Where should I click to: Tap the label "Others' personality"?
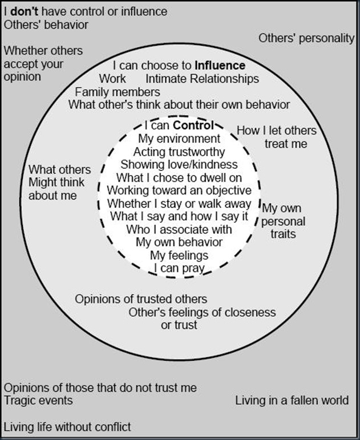[x=306, y=39]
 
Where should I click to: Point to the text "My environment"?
[x=179, y=138]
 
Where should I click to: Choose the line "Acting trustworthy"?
[x=179, y=152]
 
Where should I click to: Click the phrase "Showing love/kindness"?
[x=179, y=165]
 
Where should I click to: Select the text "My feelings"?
[x=179, y=254]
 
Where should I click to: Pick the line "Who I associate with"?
[x=179, y=229]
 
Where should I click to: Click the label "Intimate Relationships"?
[x=202, y=79]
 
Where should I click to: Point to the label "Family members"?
[x=118, y=92]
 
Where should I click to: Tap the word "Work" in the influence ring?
[x=112, y=79]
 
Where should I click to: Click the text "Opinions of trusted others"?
[x=141, y=299]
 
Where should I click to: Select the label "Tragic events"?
[x=38, y=400]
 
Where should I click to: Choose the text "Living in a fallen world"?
[x=292, y=400]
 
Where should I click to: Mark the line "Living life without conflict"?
[x=67, y=426]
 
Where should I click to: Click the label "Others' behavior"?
[x=46, y=25]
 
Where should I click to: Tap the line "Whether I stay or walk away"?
[x=179, y=203]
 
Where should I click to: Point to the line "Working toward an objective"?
[x=179, y=190]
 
